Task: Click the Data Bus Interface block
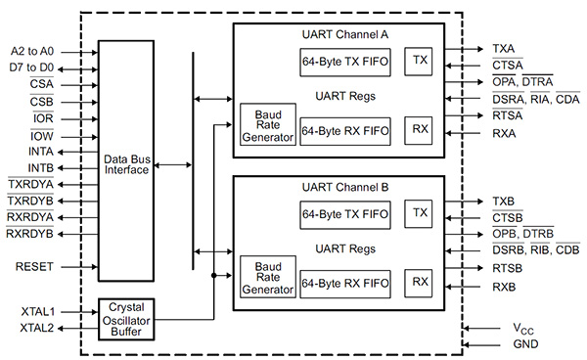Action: tap(126, 162)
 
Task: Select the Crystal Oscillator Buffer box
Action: tap(126, 320)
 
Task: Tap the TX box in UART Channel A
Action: tap(421, 60)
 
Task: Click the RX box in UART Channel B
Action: tap(421, 282)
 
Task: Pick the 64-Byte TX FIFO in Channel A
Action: tap(345, 61)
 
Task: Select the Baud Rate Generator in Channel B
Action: tap(267, 277)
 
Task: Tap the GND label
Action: tap(524, 344)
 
